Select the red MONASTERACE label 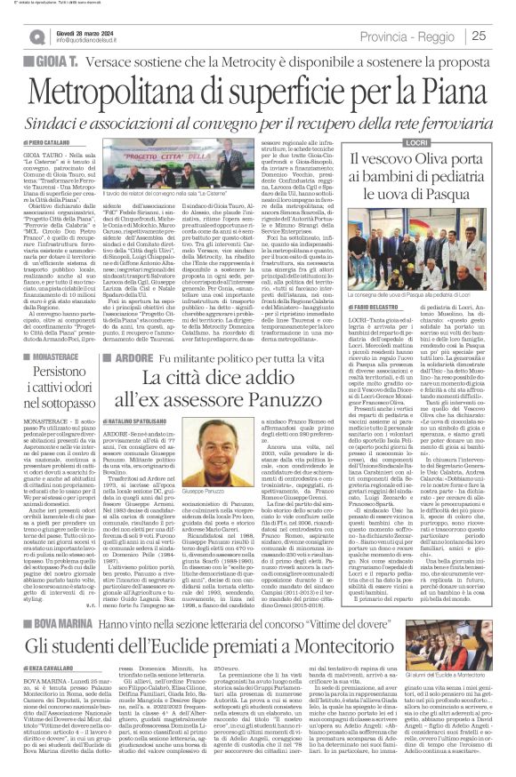pyautogui.click(x=44, y=354)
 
